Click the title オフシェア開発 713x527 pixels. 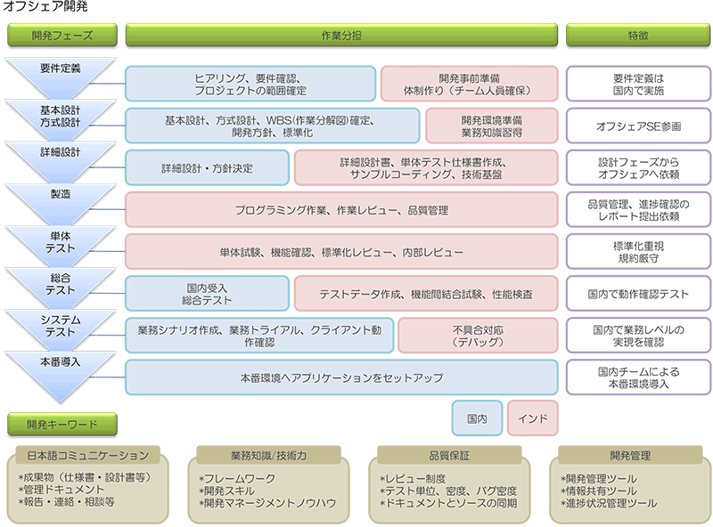click(45, 8)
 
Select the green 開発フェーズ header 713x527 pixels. click(61, 36)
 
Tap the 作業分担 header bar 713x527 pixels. click(341, 36)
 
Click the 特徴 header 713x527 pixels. click(638, 36)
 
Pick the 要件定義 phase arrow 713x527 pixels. click(61, 71)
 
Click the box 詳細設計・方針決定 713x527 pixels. click(207, 167)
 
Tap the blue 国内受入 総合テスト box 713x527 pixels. click(207, 294)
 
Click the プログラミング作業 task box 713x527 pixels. click(341, 210)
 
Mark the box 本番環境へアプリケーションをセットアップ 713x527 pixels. click(341, 377)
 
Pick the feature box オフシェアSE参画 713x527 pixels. click(638, 126)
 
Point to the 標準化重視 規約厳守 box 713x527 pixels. click(638, 252)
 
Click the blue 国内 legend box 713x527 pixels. click(476, 418)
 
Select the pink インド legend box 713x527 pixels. click(533, 418)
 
